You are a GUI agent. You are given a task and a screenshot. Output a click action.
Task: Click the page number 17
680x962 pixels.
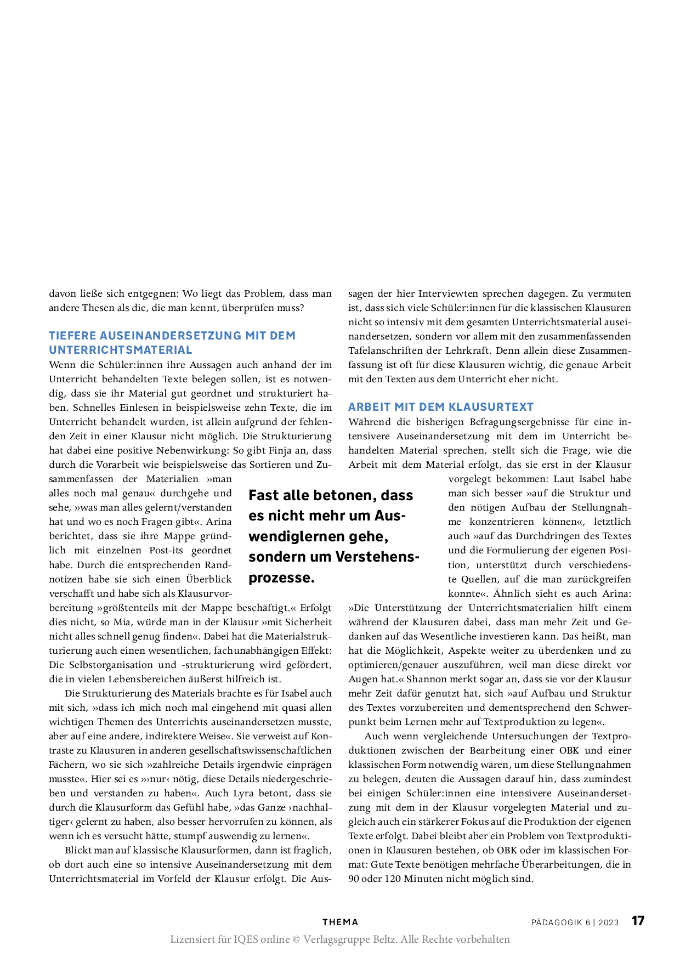pos(638,921)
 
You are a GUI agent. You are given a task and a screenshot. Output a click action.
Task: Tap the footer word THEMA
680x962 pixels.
pos(340,923)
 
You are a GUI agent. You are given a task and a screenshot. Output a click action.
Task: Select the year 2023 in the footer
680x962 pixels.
pos(608,923)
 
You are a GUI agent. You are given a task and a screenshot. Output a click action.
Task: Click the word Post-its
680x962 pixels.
pos(166,550)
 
